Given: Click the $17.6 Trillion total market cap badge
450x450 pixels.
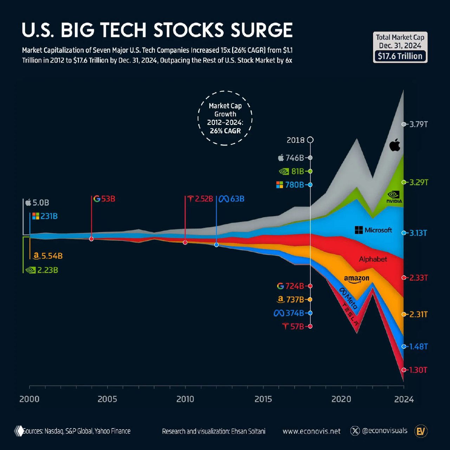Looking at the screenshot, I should (400, 56).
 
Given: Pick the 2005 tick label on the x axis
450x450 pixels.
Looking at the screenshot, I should (107, 399).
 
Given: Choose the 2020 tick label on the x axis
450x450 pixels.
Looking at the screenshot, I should (341, 399).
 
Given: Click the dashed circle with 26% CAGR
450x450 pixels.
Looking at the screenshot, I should (225, 118).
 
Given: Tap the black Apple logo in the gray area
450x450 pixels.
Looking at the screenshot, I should (395, 145).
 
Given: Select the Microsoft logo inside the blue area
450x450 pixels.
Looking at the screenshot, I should (373, 230).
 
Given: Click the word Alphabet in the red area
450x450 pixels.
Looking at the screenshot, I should (373, 259).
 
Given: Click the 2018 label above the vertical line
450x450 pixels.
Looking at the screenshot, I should (295, 140).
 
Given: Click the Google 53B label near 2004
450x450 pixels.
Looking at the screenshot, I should (104, 199).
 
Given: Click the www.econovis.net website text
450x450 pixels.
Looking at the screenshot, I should (311, 431).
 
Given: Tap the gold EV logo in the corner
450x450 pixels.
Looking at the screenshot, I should (421, 431).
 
